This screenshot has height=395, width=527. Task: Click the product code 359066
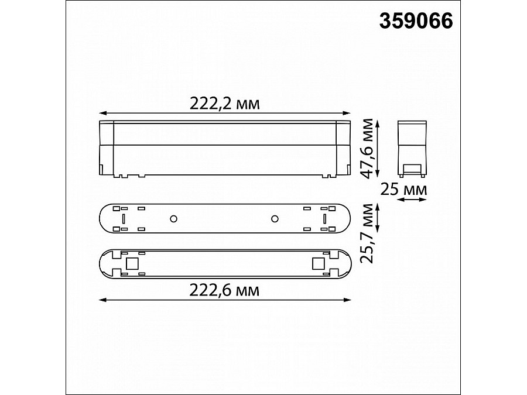[x=416, y=22]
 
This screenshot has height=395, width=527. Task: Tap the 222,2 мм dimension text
[x=224, y=104]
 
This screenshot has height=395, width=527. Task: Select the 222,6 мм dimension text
[x=224, y=290]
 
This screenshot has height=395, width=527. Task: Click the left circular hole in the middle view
[x=173, y=219]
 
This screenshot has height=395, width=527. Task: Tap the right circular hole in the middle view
[x=274, y=219]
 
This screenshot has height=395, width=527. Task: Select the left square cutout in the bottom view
[x=132, y=264]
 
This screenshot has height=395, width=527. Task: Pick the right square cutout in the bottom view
[x=318, y=264]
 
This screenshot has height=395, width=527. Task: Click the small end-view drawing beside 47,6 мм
[x=411, y=147]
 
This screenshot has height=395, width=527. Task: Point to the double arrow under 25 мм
[x=411, y=200]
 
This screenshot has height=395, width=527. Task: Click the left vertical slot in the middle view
[x=124, y=219]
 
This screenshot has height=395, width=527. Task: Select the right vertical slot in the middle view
[x=324, y=219]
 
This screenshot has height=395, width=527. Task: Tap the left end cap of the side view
[x=106, y=146]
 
